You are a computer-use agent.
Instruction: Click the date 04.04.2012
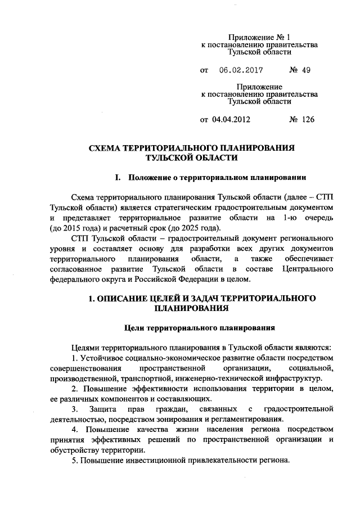point(231,120)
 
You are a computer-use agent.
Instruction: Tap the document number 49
point(304,71)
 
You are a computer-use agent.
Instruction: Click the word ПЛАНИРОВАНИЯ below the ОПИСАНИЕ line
point(192,308)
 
